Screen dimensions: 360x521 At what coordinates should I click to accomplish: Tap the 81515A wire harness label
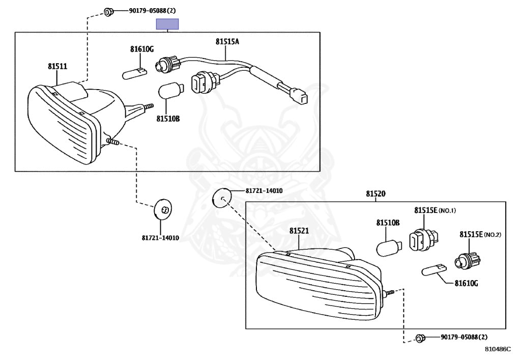click(x=226, y=42)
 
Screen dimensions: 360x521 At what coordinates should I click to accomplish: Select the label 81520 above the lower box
click(x=375, y=194)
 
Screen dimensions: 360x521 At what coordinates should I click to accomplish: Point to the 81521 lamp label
click(x=299, y=231)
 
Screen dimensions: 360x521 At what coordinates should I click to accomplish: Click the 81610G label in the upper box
click(x=141, y=49)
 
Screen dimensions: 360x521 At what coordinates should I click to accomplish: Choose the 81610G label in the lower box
click(x=466, y=283)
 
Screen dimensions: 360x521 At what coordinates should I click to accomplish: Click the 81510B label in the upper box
click(x=168, y=119)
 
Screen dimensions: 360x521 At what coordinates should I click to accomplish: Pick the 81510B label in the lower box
click(x=388, y=223)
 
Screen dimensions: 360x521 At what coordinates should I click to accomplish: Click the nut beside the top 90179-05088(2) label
click(x=107, y=11)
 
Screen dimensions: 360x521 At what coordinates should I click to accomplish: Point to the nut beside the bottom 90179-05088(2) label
click(x=420, y=338)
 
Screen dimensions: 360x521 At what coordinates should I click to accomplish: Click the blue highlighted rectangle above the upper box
click(x=167, y=23)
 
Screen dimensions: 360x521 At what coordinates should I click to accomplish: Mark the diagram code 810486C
click(x=497, y=350)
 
